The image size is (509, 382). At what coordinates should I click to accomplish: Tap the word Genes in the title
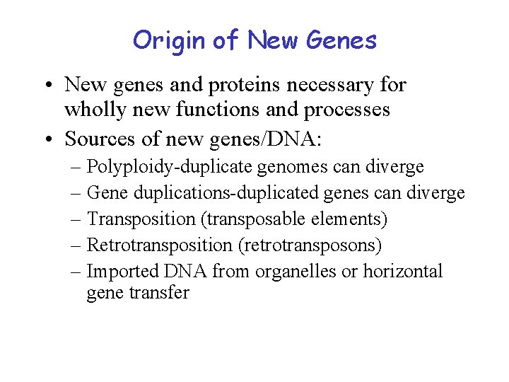[342, 40]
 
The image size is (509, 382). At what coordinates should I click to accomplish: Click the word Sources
[98, 139]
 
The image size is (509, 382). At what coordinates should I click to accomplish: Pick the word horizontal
[402, 271]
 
